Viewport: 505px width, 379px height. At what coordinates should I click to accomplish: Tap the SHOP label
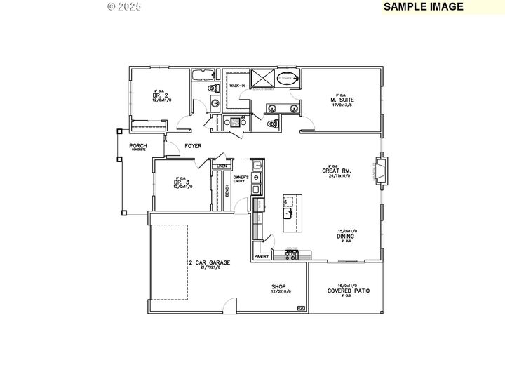(279, 286)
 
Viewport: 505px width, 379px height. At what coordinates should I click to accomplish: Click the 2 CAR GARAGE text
(209, 262)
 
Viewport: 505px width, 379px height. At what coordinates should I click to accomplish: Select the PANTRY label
(262, 257)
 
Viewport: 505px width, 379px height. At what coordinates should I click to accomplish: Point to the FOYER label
(193, 146)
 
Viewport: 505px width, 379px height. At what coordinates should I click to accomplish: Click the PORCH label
(137, 146)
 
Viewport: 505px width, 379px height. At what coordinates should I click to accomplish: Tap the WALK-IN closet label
(237, 86)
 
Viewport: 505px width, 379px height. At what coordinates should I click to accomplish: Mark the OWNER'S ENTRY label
(242, 180)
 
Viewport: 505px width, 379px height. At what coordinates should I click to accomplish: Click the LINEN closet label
(222, 166)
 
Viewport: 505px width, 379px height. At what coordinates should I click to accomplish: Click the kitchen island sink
(288, 213)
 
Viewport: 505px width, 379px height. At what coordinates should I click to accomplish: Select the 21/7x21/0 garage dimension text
(209, 268)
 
